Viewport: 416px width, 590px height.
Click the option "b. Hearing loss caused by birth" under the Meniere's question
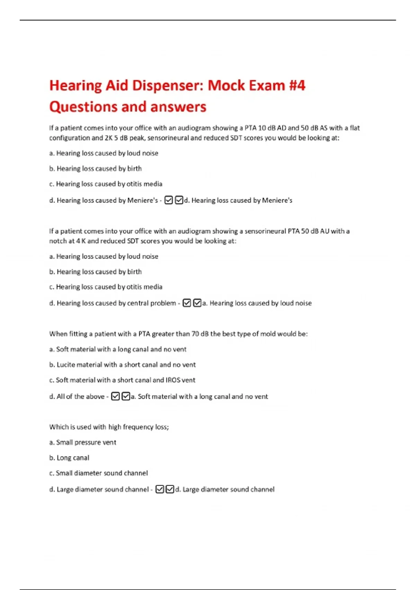[95, 169]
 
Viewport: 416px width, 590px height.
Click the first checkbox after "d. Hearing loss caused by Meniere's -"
[169, 200]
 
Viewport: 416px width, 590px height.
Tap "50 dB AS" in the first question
[311, 128]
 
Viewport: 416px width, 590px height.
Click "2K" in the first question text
[109, 138]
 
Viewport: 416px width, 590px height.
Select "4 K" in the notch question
[80, 241]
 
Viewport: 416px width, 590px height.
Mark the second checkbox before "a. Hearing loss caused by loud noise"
[197, 303]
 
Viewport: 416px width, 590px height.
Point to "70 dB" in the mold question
[200, 334]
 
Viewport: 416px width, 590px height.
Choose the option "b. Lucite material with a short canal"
[122, 365]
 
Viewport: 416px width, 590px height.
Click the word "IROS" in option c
[173, 380]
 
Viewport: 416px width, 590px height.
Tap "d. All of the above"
[77, 397]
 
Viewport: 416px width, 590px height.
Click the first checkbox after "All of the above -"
[115, 396]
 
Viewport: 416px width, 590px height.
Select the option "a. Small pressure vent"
[83, 442]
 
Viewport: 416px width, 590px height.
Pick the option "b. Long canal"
[69, 458]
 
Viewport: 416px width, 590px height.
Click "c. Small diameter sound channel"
[98, 473]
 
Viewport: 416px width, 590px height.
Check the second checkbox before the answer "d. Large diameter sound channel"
[170, 489]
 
